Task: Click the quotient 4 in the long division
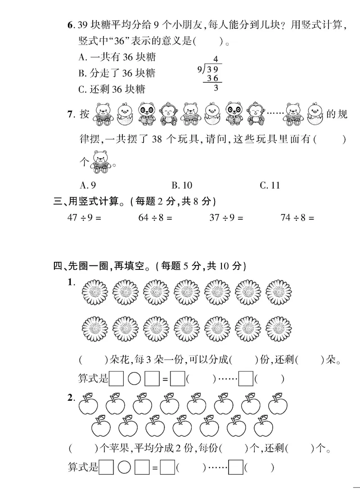coord(216,59)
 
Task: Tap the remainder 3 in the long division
coord(216,88)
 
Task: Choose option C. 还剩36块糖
coord(112,89)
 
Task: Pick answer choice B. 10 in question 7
coord(182,185)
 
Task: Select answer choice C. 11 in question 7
coord(270,185)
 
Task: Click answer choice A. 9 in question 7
coord(87,185)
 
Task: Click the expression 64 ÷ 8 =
coord(156,218)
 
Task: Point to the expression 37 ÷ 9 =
coord(226,218)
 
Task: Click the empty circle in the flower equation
coord(135,379)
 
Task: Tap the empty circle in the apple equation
coord(124,468)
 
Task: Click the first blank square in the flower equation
coord(117,379)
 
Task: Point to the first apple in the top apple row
coord(88,404)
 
